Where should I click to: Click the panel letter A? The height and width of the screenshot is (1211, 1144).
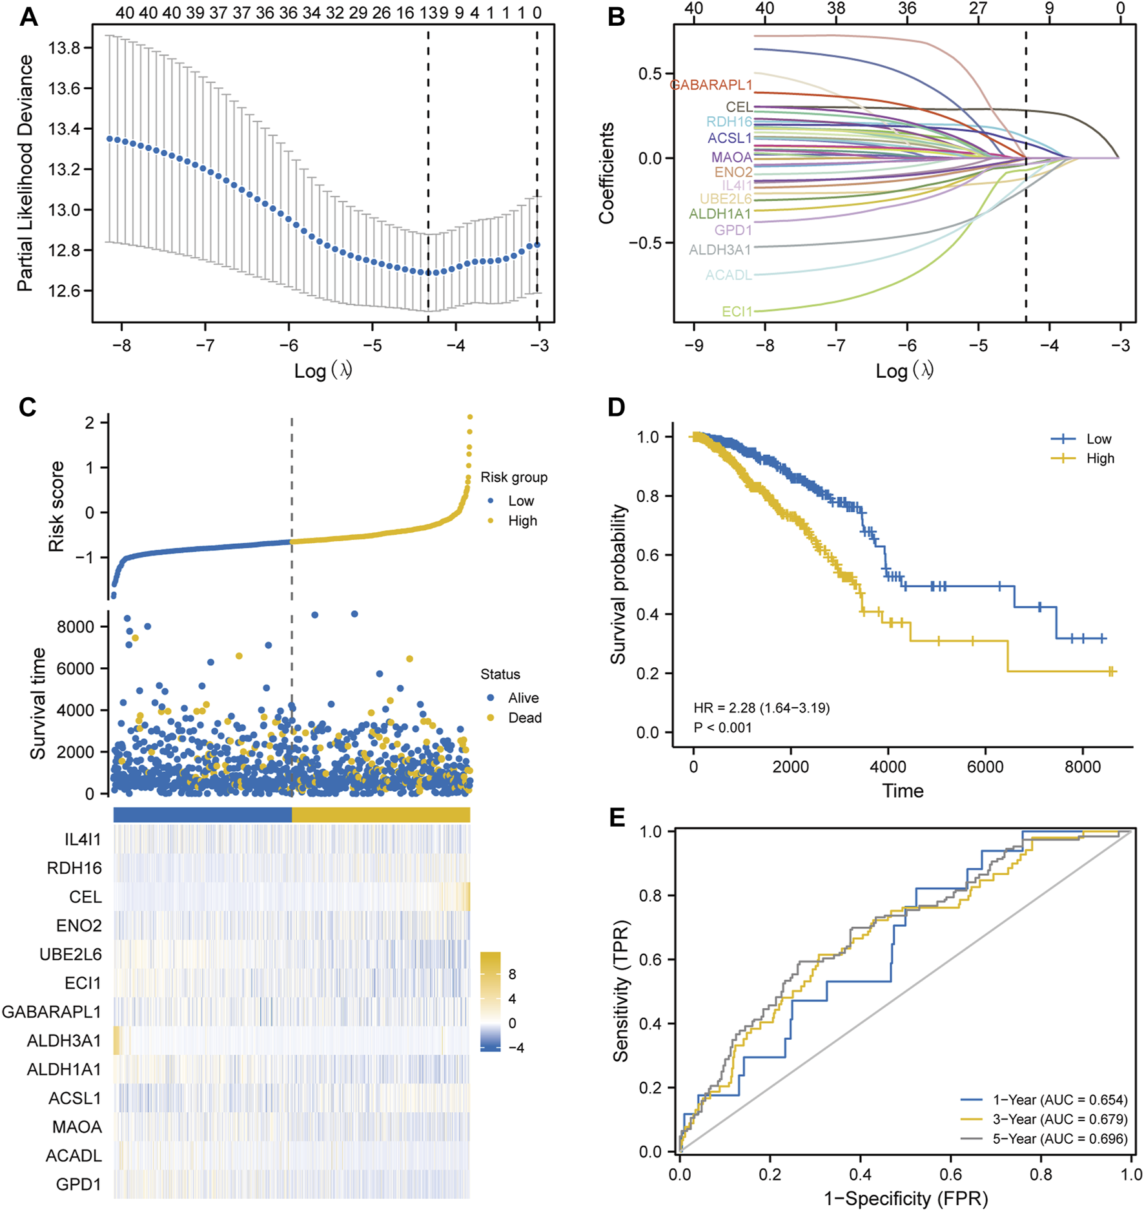pyautogui.click(x=28, y=17)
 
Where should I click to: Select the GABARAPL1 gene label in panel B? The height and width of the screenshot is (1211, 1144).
pyautogui.click(x=711, y=85)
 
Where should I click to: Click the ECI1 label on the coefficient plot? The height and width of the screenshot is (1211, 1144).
pyautogui.click(x=737, y=311)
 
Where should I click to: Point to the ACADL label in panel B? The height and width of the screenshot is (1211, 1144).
pyautogui.click(x=728, y=275)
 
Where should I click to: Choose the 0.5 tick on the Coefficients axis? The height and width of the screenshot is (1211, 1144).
pyautogui.click(x=650, y=74)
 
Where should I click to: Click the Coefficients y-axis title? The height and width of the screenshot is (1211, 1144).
pyautogui.click(x=606, y=173)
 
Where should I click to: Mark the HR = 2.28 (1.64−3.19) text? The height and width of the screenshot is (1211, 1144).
pyautogui.click(x=761, y=708)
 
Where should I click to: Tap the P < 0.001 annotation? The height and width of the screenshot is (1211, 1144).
pyautogui.click(x=722, y=728)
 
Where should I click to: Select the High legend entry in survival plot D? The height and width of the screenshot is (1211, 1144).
pyautogui.click(x=1100, y=459)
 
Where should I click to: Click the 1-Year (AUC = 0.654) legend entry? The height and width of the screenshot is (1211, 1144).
pyautogui.click(x=1059, y=1100)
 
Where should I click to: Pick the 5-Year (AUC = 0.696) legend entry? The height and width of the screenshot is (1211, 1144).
pyautogui.click(x=1059, y=1139)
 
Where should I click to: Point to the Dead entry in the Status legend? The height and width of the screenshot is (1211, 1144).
pyautogui.click(x=524, y=718)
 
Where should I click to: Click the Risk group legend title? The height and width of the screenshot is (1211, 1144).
pyautogui.click(x=514, y=477)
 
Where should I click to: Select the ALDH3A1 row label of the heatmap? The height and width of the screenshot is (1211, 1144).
pyautogui.click(x=64, y=1040)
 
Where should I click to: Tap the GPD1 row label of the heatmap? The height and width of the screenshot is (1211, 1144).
pyautogui.click(x=78, y=1184)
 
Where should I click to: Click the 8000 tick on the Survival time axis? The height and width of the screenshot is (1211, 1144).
pyautogui.click(x=76, y=626)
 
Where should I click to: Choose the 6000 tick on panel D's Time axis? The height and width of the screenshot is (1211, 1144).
pyautogui.click(x=985, y=767)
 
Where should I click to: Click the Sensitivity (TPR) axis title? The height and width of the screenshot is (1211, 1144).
pyautogui.click(x=620, y=991)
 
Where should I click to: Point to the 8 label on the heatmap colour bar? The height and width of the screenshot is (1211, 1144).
pyautogui.click(x=513, y=974)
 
